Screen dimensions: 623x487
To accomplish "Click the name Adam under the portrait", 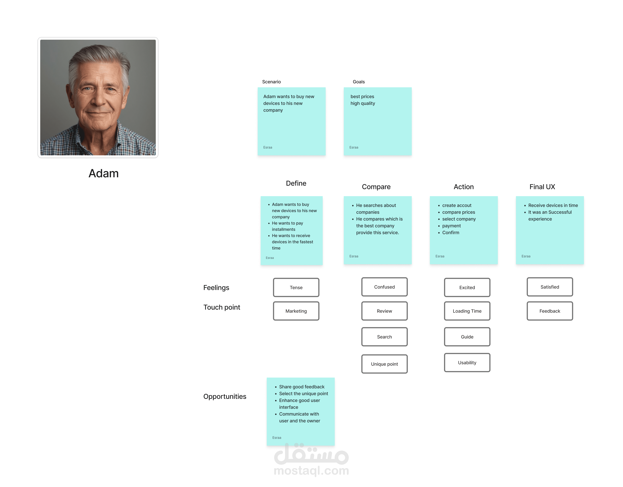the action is pyautogui.click(x=104, y=173).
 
